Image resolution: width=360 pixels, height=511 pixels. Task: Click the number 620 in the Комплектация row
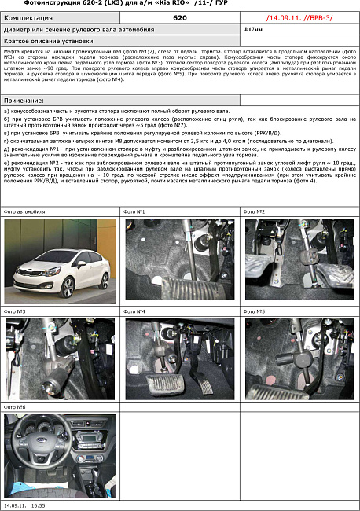(x=179, y=17)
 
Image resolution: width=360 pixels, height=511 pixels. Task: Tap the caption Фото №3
(x=15, y=312)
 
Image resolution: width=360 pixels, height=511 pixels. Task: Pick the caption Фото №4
(x=134, y=312)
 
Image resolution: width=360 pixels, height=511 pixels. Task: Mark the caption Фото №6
(x=15, y=407)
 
